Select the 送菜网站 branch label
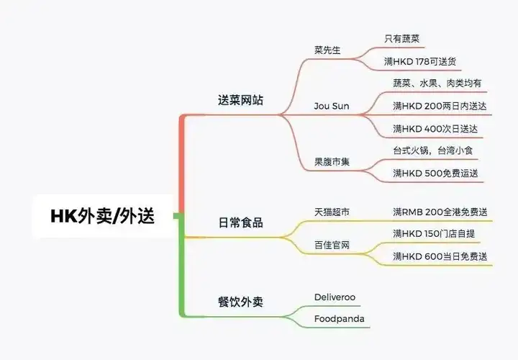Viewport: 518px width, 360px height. click(241, 100)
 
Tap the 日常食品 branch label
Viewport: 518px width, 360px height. click(241, 222)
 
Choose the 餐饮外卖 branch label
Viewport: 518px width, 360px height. click(241, 302)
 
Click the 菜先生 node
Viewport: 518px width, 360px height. click(328, 50)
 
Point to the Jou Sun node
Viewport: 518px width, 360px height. click(332, 106)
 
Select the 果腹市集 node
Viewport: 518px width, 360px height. click(332, 161)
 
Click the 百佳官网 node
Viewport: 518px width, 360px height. click(332, 245)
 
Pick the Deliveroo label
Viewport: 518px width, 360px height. click(335, 297)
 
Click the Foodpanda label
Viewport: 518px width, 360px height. click(339, 318)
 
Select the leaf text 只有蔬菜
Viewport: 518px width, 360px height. click(407, 39)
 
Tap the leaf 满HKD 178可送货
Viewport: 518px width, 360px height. click(431, 61)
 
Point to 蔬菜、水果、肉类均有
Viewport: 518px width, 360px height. click(437, 84)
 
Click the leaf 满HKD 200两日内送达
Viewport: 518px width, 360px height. click(438, 106)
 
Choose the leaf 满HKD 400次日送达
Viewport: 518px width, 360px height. click(435, 128)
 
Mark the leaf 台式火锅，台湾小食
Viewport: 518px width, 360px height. click(432, 150)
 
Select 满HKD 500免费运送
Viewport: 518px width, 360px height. click(435, 173)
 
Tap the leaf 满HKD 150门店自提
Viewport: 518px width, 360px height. click(435, 234)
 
